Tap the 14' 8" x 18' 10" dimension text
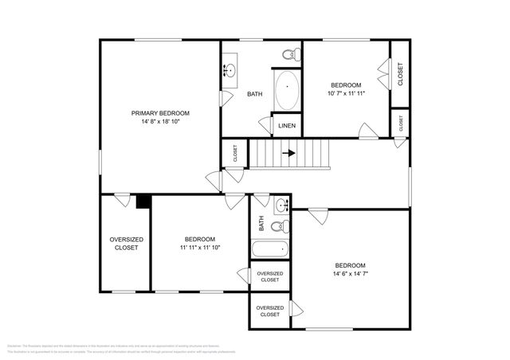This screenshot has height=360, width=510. (160, 123)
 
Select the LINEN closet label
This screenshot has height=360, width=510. (285, 126)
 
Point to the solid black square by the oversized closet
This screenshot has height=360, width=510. (143, 202)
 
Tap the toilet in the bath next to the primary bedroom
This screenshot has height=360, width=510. (291, 54)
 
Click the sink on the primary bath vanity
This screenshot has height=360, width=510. (230, 69)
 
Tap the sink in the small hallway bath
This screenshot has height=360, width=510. (281, 206)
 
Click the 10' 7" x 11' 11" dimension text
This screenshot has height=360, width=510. (347, 94)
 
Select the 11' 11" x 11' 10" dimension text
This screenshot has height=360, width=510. (199, 248)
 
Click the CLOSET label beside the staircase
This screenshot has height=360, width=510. (235, 154)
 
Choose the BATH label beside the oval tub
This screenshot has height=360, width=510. (254, 94)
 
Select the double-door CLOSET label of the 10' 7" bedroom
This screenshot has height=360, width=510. (400, 75)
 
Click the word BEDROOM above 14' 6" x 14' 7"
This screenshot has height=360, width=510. (350, 265)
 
